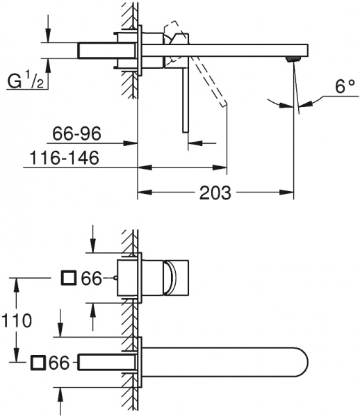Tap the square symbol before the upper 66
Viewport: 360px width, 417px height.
(x=69, y=279)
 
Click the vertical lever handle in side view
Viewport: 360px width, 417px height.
(x=185, y=97)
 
